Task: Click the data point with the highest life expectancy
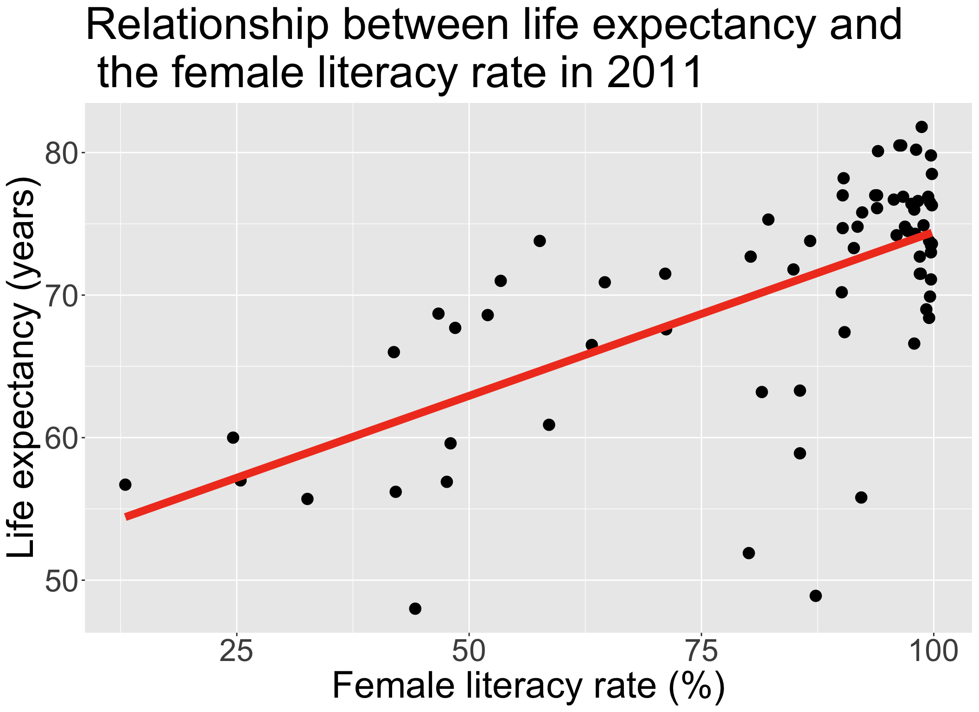click(922, 127)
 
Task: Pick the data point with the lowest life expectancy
click(415, 609)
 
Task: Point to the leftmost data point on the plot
click(125, 485)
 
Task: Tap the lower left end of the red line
click(127, 517)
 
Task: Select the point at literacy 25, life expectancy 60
click(233, 438)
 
